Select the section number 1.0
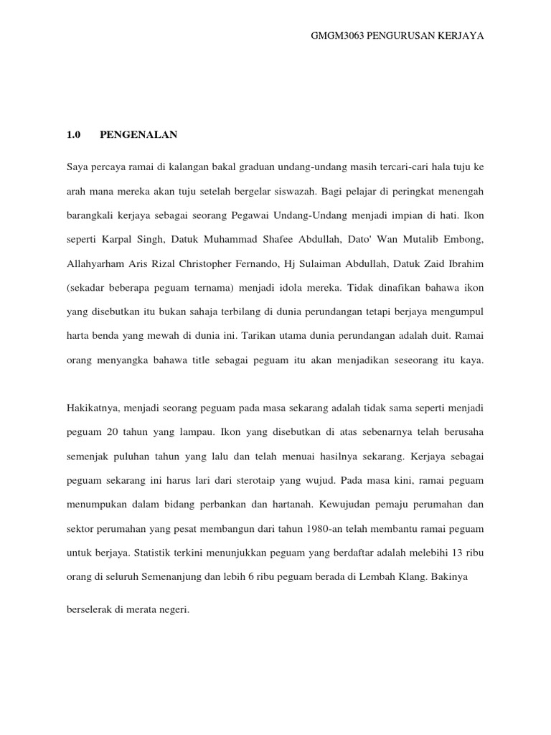coord(74,134)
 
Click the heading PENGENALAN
coord(138,134)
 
